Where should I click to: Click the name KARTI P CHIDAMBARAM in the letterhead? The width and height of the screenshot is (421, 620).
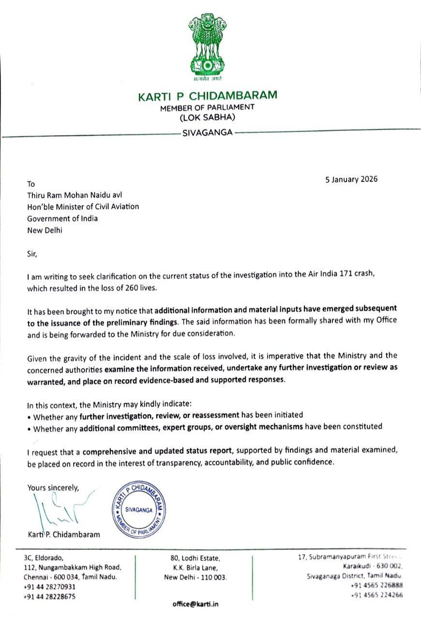point(208,95)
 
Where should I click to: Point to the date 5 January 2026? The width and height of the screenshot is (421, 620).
point(351,179)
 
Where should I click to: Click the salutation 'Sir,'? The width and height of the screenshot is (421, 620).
point(32,253)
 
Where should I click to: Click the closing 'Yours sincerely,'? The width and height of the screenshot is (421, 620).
point(53,487)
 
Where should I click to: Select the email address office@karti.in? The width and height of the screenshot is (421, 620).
point(195,604)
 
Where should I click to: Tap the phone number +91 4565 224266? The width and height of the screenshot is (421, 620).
point(377,595)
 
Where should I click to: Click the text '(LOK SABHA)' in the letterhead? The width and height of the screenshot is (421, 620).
point(208,117)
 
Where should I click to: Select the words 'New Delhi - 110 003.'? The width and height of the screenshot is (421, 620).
point(195,577)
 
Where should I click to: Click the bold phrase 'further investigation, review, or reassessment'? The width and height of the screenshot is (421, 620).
point(160,415)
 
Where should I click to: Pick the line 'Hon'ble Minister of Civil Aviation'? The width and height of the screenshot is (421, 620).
point(83,206)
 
